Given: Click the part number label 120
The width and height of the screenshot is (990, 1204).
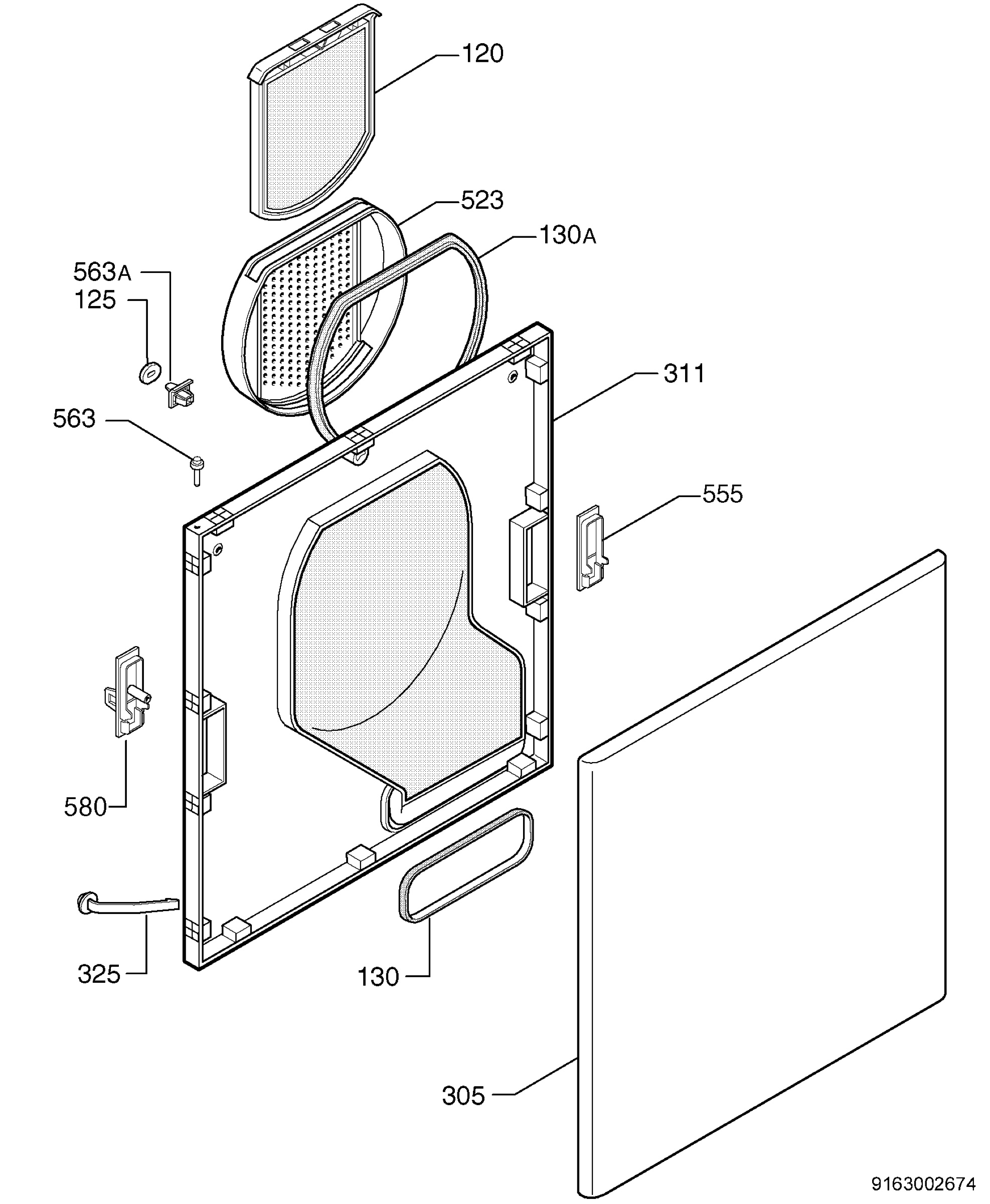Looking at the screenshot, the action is [482, 54].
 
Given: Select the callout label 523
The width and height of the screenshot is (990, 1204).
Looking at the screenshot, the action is [482, 201].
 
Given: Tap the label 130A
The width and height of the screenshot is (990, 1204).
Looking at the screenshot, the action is [567, 235].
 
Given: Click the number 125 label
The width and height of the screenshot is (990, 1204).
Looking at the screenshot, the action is [95, 300].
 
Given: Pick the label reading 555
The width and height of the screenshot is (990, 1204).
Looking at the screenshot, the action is [723, 495].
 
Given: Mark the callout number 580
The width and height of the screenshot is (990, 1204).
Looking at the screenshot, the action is [86, 808].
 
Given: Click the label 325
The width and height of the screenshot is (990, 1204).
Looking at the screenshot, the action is [99, 975].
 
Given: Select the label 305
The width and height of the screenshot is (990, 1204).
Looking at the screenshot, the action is [463, 1096].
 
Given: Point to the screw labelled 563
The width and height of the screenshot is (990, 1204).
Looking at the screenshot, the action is [197, 471].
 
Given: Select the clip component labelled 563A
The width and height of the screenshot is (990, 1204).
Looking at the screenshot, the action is [179, 393].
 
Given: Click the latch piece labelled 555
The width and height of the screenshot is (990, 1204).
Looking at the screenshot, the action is [591, 547].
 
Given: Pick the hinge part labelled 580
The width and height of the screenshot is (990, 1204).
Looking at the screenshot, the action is [128, 691].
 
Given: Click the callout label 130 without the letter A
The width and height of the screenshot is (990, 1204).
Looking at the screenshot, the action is [379, 978].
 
